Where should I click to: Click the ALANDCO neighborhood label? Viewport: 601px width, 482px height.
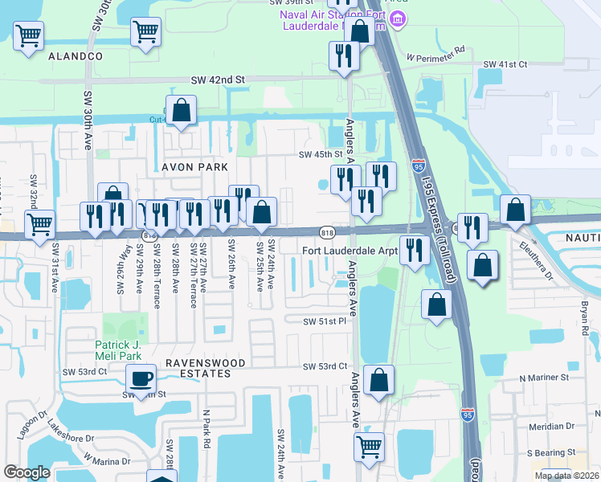tap(76, 56)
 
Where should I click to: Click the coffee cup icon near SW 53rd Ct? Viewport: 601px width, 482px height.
tap(142, 378)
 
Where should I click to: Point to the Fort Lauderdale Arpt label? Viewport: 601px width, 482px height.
tap(350, 250)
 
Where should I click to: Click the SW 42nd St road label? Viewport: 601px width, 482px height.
tap(217, 80)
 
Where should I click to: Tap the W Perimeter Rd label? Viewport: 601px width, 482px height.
tap(435, 58)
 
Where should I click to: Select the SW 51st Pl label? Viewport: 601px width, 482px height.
tap(324, 321)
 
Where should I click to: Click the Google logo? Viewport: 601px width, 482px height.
tap(27, 472)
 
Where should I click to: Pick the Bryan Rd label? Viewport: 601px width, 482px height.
tap(584, 320)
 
